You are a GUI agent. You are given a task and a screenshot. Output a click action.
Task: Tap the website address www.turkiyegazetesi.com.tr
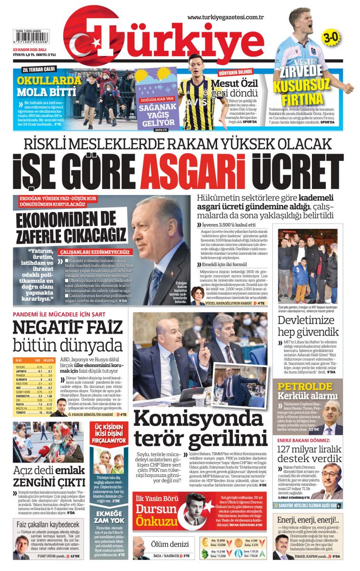(225, 18)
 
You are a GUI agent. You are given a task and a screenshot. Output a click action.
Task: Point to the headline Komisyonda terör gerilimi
(200, 427)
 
